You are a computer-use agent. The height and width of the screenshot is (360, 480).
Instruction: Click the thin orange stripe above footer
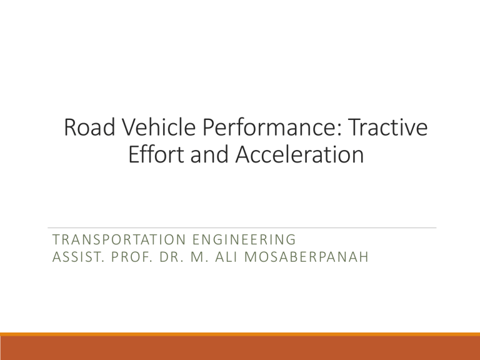pos(240,334)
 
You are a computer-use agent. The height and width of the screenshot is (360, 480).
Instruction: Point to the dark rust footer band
pos(240,348)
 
